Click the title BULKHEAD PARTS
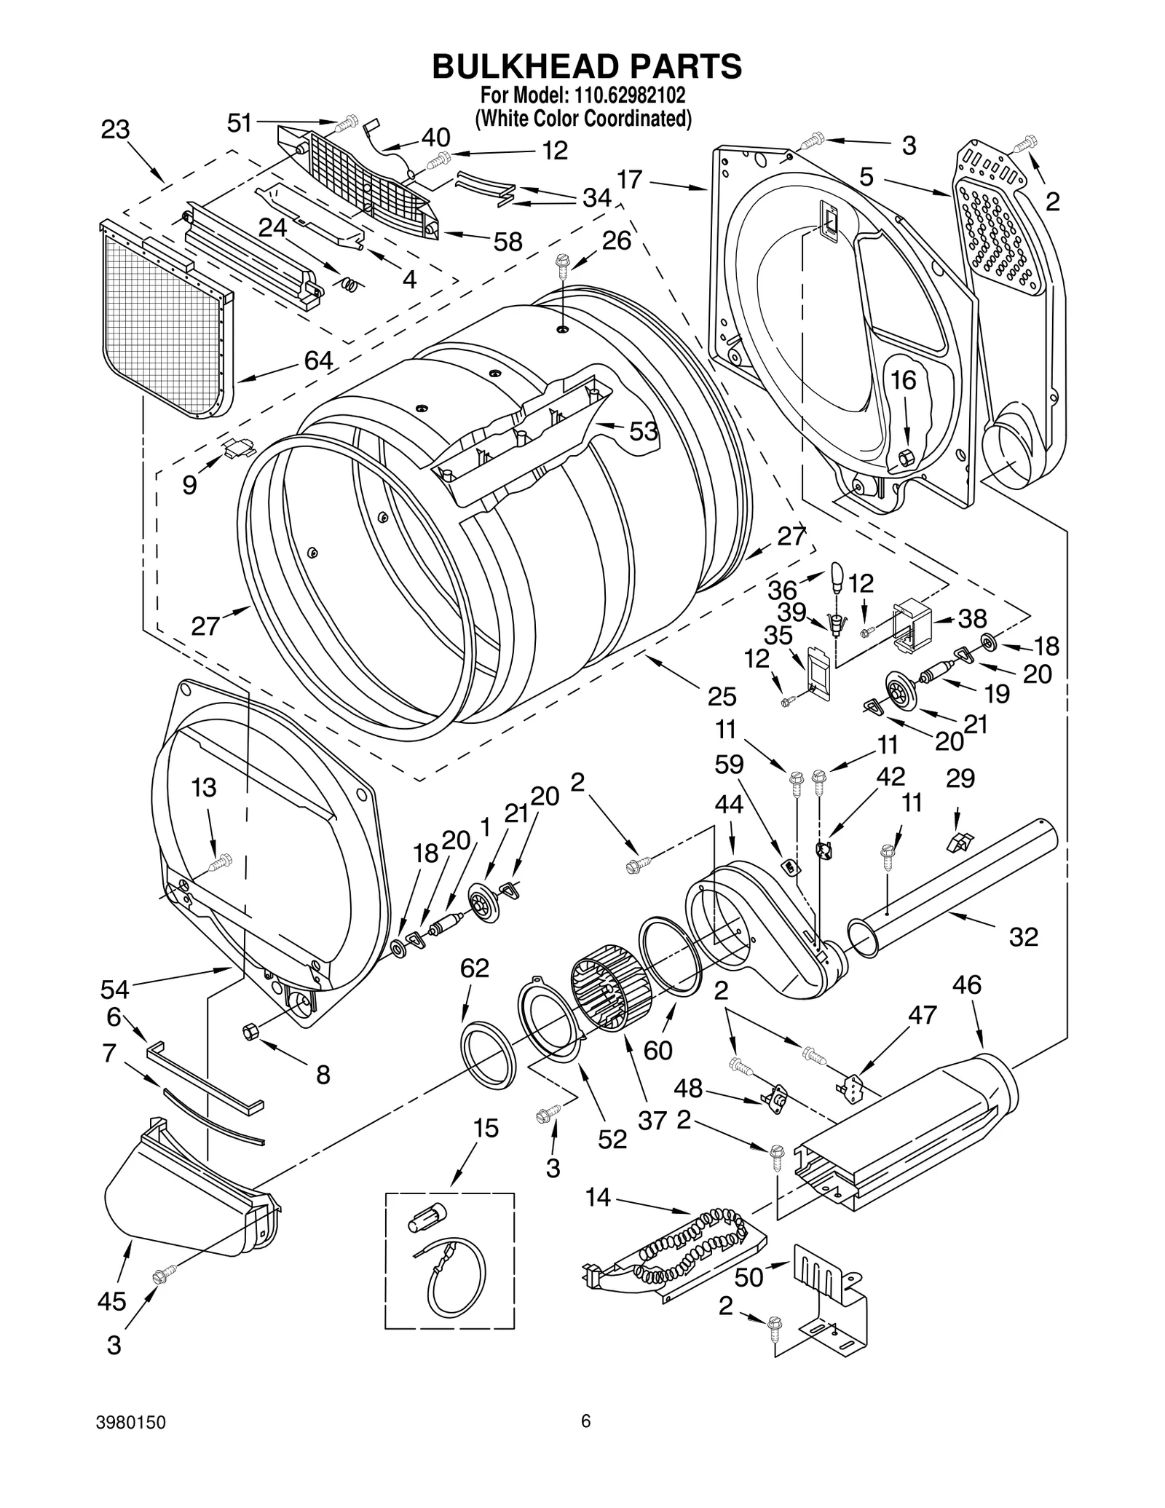click(x=586, y=66)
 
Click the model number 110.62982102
click(x=624, y=95)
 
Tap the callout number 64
click(x=318, y=360)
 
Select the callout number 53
click(x=643, y=431)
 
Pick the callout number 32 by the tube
click(x=1022, y=936)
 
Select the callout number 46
click(x=967, y=984)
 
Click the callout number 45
click(x=111, y=1301)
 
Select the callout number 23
click(x=115, y=130)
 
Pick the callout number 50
click(x=749, y=1277)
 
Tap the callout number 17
click(x=630, y=179)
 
